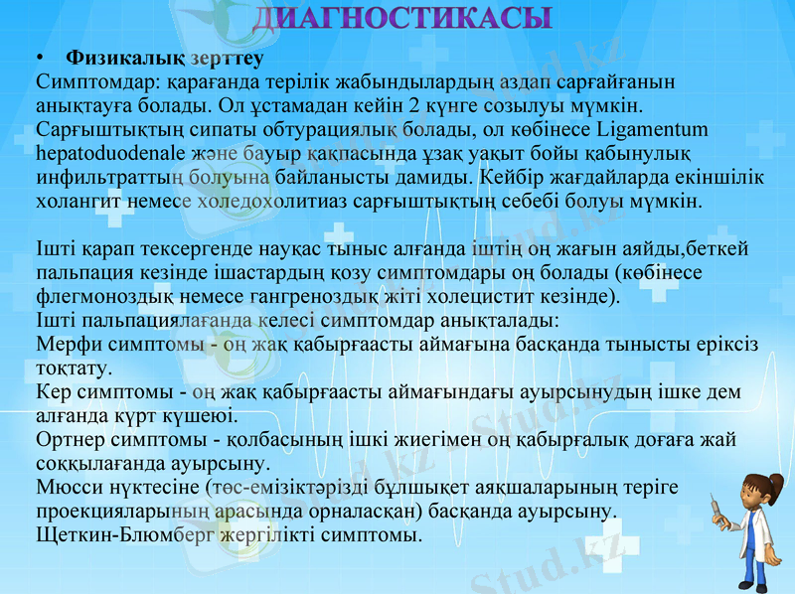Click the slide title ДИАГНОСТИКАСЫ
tap(401, 17)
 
